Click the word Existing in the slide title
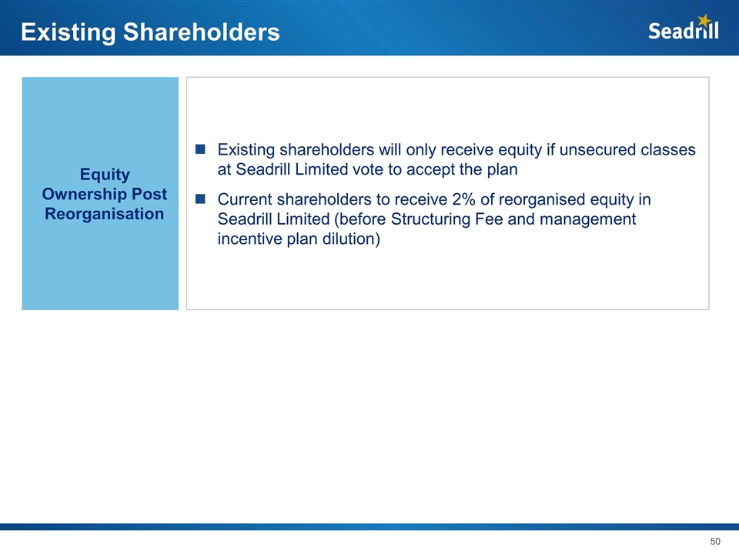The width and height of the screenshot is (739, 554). point(69,32)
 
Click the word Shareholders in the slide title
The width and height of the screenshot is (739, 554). point(201,32)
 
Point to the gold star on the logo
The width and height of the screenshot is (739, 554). point(704,20)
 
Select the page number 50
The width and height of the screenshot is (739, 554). point(715,541)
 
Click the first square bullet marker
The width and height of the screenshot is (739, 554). point(200,149)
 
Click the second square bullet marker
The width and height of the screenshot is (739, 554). point(200,199)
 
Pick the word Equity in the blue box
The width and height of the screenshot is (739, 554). point(105,175)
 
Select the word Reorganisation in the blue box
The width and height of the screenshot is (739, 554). point(104,214)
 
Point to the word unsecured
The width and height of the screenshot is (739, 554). point(591,149)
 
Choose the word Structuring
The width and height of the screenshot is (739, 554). point(430,219)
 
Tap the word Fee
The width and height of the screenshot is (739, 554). point(489,219)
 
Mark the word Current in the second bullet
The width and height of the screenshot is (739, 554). point(245,199)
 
